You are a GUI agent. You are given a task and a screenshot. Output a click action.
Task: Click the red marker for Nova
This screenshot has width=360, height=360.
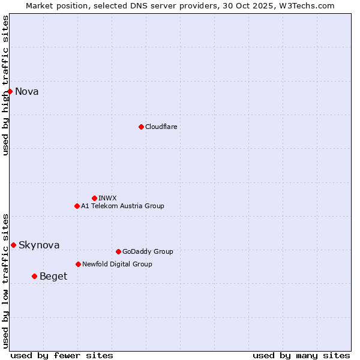click(x=10, y=91)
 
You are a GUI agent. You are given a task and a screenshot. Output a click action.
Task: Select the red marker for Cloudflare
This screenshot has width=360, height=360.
click(x=141, y=127)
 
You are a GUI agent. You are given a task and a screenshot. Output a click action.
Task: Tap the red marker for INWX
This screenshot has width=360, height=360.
click(x=94, y=198)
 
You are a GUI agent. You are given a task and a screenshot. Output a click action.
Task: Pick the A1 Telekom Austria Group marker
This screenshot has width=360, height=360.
click(x=77, y=206)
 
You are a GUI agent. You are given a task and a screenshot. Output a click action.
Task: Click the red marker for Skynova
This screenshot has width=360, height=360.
click(x=13, y=245)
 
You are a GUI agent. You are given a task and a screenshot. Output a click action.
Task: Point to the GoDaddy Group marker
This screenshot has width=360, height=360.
click(x=118, y=251)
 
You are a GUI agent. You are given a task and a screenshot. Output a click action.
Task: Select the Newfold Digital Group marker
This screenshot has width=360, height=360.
click(x=78, y=264)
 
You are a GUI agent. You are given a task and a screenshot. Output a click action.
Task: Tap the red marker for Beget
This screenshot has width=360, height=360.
click(x=34, y=276)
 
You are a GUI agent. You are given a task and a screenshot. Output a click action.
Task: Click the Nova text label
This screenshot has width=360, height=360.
click(x=27, y=92)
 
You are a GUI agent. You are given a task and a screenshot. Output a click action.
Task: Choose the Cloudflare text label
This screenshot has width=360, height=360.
click(x=161, y=127)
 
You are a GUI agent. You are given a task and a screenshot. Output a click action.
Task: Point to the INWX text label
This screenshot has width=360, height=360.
click(x=107, y=198)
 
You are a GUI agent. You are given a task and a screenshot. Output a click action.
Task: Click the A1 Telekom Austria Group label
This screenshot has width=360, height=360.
click(x=122, y=206)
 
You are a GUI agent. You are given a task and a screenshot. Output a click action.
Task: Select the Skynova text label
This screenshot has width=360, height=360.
click(x=39, y=245)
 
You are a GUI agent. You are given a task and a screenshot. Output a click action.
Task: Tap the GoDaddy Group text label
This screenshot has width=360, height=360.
click(x=148, y=251)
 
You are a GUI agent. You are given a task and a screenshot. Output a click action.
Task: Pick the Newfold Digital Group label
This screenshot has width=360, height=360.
click(x=117, y=264)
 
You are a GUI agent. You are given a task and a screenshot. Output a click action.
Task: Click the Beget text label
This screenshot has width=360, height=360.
click(x=53, y=277)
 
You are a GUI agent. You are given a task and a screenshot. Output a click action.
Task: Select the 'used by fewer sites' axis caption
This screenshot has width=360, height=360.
click(x=62, y=355)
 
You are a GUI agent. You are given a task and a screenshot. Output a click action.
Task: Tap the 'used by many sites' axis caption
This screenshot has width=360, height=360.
click(x=301, y=355)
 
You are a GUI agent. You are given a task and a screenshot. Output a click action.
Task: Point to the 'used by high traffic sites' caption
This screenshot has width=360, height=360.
click(x=5, y=85)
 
